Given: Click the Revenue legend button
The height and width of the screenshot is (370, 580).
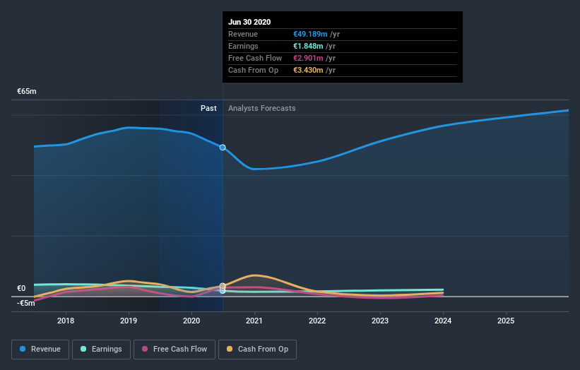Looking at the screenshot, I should [40, 349].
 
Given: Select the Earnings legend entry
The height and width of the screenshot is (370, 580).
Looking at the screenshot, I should [101, 349].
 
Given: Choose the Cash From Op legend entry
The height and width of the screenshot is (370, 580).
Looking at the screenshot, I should [258, 349].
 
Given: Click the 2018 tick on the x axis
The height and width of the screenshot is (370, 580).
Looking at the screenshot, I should [66, 321].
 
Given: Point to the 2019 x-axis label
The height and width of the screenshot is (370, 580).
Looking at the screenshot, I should [129, 321].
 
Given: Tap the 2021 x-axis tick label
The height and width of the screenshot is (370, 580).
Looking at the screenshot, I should [254, 321].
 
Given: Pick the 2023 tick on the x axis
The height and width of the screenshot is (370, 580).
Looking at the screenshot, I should [380, 321].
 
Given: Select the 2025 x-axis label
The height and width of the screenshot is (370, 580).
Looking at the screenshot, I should [506, 321].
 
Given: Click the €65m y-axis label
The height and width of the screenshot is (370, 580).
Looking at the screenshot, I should [27, 92].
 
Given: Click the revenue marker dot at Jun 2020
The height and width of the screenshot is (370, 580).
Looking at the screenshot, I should [223, 148].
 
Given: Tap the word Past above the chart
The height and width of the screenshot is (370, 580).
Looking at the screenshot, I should [208, 108].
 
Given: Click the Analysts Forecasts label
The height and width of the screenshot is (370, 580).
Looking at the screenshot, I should [262, 108].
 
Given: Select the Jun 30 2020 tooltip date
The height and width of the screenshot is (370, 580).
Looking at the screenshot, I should [249, 22].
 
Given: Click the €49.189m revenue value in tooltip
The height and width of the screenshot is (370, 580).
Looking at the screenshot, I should [309, 34].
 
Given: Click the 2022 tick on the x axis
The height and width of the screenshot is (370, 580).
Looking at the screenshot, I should [317, 321].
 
